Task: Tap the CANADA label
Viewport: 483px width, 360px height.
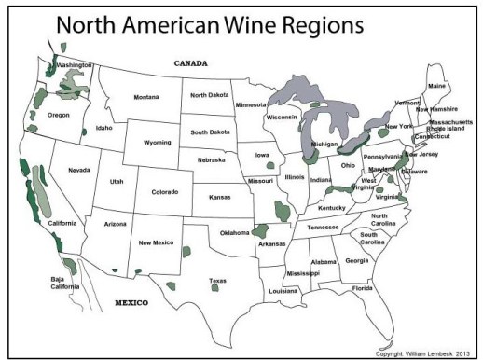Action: click(191, 63)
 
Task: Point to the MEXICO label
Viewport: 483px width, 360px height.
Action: click(133, 303)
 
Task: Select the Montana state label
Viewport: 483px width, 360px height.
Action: click(146, 97)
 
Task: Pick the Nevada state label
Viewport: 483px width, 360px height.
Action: click(78, 170)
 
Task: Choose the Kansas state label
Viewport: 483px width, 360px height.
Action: click(220, 198)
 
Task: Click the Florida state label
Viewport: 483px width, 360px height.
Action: click(363, 288)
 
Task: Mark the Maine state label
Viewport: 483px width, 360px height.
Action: click(436, 86)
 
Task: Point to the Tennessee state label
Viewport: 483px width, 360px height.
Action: click(323, 227)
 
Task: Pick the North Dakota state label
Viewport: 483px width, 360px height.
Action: click(211, 95)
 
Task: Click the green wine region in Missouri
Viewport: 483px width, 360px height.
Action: click(283, 211)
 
